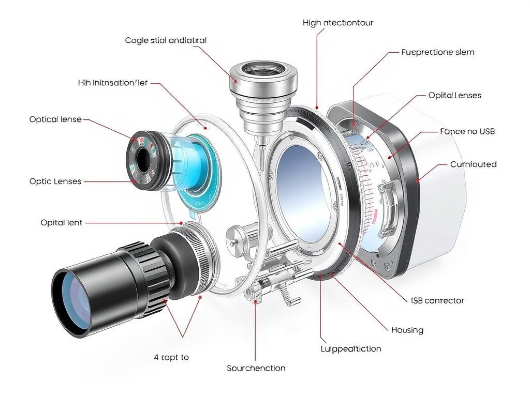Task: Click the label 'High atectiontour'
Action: click(338, 23)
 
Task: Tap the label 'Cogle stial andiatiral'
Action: click(166, 40)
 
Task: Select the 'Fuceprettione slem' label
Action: click(438, 52)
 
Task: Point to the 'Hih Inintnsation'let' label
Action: click(113, 83)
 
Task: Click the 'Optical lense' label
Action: click(55, 119)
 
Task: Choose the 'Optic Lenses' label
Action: click(55, 181)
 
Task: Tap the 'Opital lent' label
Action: click(61, 223)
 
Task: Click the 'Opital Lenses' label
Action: click(455, 95)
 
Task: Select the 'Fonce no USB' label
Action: click(467, 131)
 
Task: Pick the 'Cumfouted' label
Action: click(473, 164)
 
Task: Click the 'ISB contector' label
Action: click(437, 300)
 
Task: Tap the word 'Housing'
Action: click(407, 330)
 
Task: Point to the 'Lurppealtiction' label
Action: click(351, 349)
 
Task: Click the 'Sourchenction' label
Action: click(256, 368)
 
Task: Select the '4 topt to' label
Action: click(171, 357)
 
